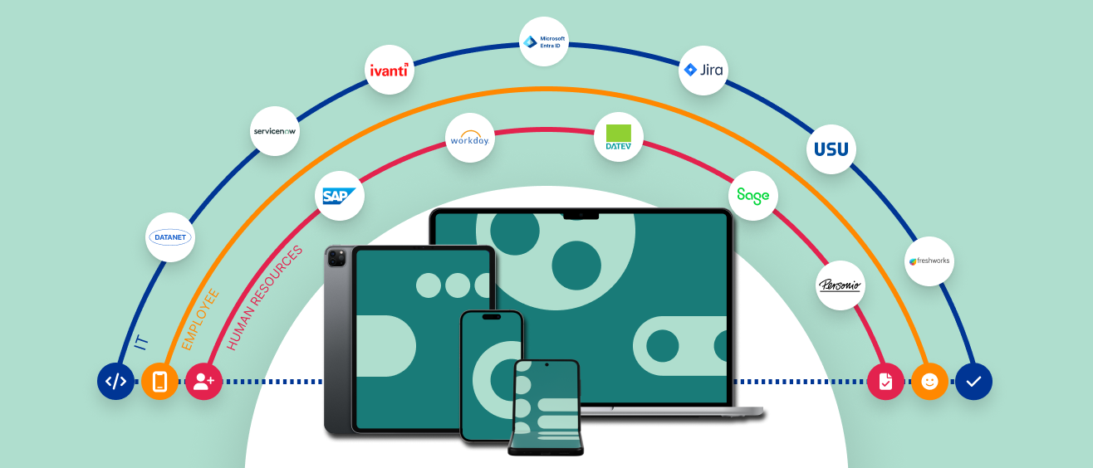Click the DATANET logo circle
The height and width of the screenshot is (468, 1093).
[x=170, y=237]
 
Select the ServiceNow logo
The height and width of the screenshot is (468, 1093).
[x=274, y=131]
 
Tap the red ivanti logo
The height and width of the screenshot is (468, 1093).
[x=390, y=70]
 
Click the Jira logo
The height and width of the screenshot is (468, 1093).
[x=703, y=70]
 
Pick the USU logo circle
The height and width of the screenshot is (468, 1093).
[x=831, y=149]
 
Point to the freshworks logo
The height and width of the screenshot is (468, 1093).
[x=929, y=261]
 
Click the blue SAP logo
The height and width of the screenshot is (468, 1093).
[x=341, y=196]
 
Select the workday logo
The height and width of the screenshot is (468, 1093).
[x=469, y=138]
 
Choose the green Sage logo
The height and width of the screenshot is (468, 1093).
[x=753, y=196]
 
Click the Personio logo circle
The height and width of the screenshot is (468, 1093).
[x=841, y=285]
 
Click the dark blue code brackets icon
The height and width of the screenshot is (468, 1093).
[x=115, y=382]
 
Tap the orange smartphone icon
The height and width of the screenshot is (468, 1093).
[x=159, y=382]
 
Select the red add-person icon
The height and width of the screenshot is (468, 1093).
[x=203, y=382]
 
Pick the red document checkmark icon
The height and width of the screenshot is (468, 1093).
[x=885, y=382]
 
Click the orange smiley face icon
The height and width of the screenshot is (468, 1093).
[x=929, y=382]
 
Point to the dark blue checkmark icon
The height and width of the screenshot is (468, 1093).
[x=973, y=382]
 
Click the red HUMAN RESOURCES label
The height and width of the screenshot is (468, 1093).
[x=265, y=297]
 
